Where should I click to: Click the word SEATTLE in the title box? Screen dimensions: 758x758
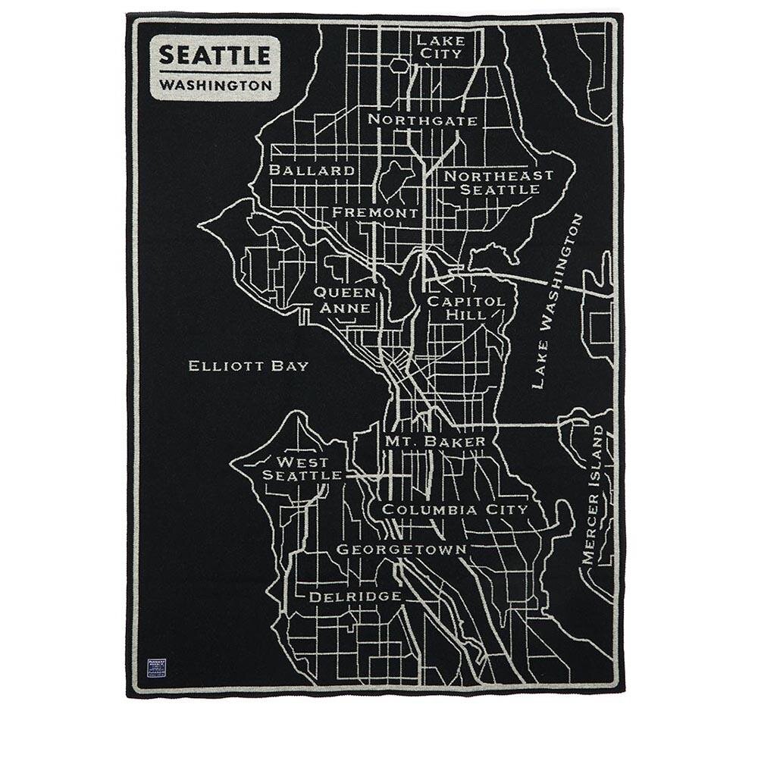point(214,55)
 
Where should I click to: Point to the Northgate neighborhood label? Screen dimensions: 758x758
point(422,120)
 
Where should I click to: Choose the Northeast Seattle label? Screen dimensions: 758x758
point(498,182)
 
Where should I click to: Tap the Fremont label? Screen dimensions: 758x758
point(375,213)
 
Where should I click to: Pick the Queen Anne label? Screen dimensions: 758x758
point(345,300)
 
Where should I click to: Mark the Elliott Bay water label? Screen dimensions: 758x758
point(249,366)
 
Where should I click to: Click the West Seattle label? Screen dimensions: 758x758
point(302,468)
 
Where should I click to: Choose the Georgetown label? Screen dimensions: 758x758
point(401,549)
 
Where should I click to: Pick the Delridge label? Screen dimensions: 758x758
point(355,597)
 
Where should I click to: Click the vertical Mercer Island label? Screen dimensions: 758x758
point(596,493)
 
